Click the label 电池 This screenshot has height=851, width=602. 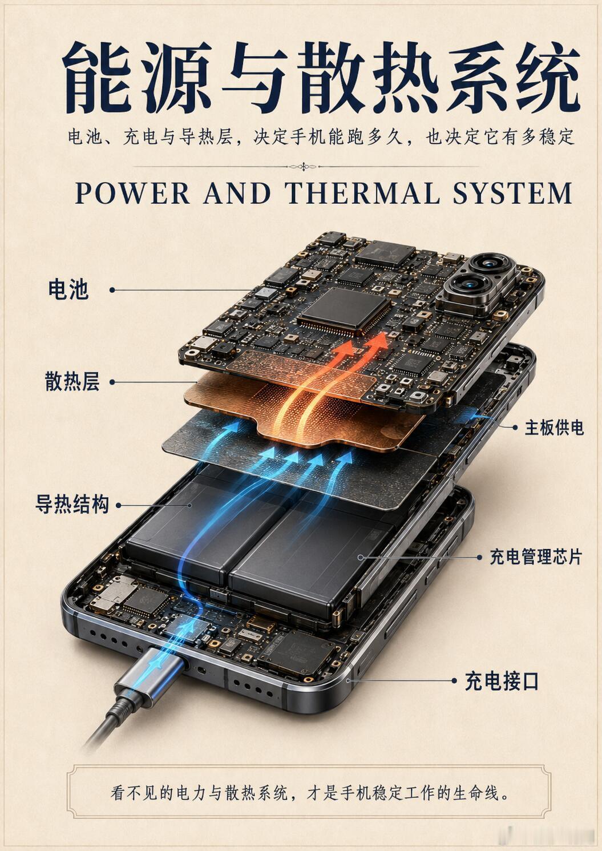pyautogui.click(x=68, y=290)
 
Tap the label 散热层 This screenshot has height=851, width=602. pyautogui.click(x=72, y=381)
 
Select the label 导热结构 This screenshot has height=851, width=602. pyautogui.click(x=72, y=505)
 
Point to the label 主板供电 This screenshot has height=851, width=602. pyautogui.click(x=554, y=427)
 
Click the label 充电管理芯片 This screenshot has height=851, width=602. pyautogui.click(x=536, y=557)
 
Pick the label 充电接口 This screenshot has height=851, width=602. pyautogui.click(x=502, y=681)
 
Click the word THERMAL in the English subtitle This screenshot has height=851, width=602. pyautogui.click(x=363, y=193)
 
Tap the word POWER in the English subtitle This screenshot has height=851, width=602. pyautogui.click(x=132, y=193)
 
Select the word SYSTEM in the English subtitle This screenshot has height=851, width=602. pyautogui.click(x=512, y=193)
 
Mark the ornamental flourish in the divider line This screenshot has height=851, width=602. pyautogui.click(x=303, y=167)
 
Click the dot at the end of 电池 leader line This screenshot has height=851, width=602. pyautogui.click(x=112, y=290)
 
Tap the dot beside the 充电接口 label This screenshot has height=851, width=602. pyautogui.click(x=454, y=680)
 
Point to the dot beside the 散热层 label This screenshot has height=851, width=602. pyautogui.click(x=112, y=382)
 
